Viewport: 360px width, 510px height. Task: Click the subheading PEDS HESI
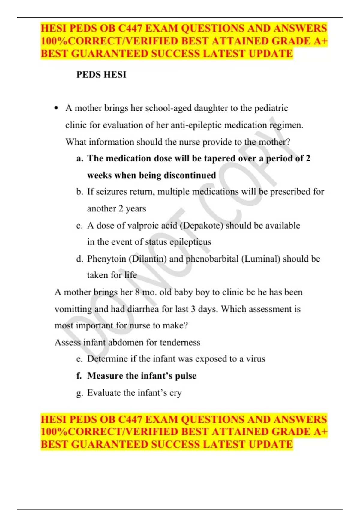101,74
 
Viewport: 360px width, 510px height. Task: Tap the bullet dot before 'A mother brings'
56,108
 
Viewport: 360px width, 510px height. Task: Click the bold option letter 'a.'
79,158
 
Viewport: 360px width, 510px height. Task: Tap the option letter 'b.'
79,192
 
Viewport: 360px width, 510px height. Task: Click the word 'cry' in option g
175,393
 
